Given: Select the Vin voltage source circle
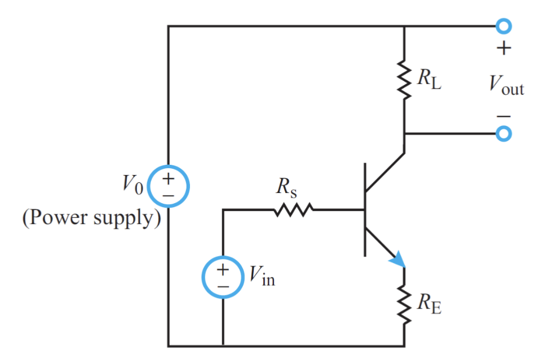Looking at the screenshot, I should (x=223, y=278).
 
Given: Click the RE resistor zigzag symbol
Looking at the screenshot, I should (x=404, y=305).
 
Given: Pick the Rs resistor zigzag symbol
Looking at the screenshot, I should (x=292, y=210).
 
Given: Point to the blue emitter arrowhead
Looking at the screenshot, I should (x=397, y=259).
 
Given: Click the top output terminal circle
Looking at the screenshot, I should (x=503, y=26).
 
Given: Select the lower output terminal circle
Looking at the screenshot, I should (x=503, y=134).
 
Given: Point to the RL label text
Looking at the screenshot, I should (x=430, y=80).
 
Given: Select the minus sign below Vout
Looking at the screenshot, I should (x=503, y=116).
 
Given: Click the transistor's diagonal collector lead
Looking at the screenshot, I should (x=385, y=172).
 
